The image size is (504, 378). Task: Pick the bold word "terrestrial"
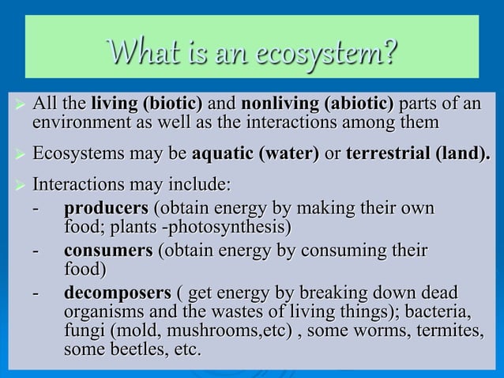coord(389,153)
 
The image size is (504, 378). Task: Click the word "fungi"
coord(84,330)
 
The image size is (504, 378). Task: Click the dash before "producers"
coord(36,210)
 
